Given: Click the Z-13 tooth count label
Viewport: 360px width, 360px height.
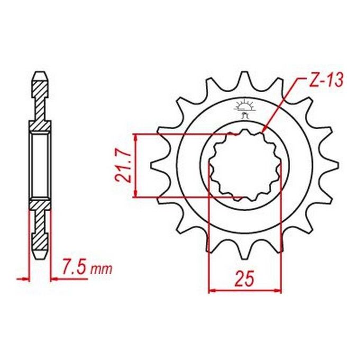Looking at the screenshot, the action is coord(326,80).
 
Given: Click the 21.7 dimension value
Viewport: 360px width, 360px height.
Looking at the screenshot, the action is coord(124,166).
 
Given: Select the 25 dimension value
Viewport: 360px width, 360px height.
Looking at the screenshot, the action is coord(244,278).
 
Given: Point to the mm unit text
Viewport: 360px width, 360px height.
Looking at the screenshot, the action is coord(101,269).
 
